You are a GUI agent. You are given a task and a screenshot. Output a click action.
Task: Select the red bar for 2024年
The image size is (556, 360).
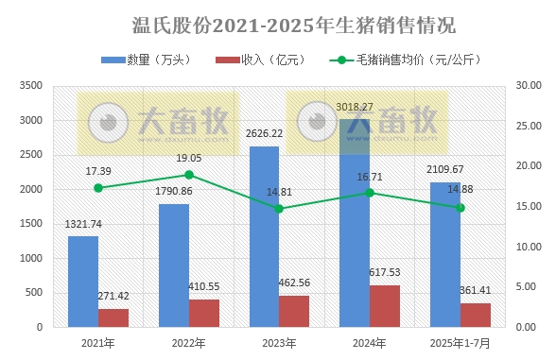coord(384,306)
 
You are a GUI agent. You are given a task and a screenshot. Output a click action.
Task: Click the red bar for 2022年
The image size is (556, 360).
coord(203,313)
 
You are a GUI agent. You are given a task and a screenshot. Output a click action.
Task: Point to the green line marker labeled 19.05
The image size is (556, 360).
coord(189,175)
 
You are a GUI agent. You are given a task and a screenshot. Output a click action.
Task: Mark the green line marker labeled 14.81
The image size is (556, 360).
coord(279,209)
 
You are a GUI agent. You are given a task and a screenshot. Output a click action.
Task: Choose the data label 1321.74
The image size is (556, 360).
coord(83,224)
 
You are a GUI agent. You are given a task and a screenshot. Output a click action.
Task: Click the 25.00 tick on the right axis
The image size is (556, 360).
coord(525,127)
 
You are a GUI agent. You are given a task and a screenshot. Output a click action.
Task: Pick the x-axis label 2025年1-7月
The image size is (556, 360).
coord(460,342)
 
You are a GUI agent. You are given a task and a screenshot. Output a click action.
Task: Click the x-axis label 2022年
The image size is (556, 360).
coord(189,342)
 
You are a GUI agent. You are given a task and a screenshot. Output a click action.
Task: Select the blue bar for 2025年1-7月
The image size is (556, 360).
coord(445,254)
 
